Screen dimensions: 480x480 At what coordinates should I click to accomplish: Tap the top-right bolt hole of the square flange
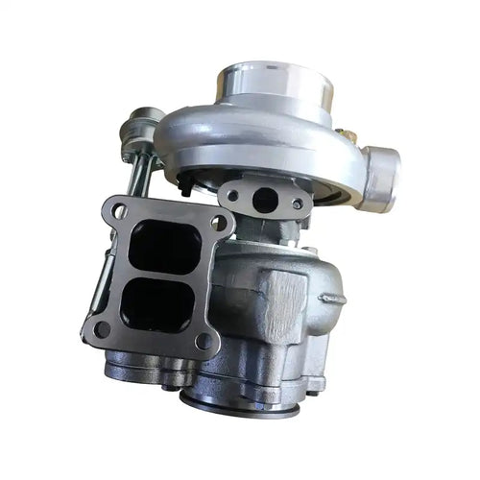point(221,223)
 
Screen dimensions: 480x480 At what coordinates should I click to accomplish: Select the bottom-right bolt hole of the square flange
point(203,341)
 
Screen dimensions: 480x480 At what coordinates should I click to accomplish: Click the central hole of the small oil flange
point(265,200)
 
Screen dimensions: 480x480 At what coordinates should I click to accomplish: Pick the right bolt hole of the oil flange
point(298,204)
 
